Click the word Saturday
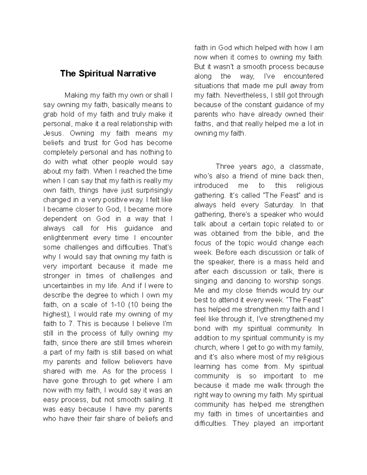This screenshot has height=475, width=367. coord(279,205)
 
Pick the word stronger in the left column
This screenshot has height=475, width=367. coord(56,276)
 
